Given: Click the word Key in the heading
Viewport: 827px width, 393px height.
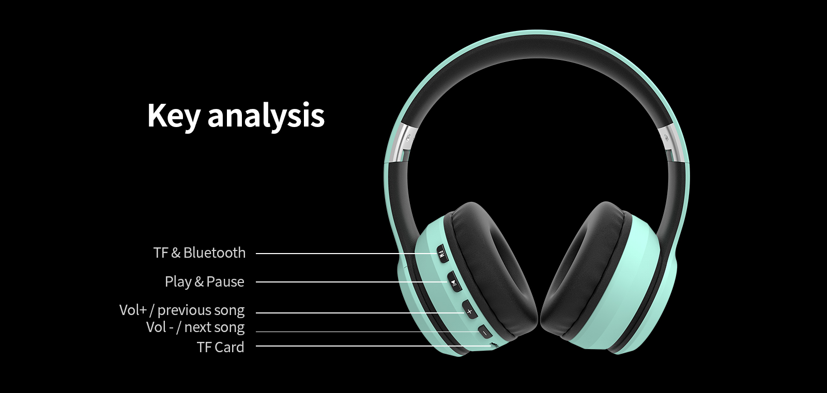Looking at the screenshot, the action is point(174,116).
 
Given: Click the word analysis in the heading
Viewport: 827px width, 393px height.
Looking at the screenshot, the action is point(266,116).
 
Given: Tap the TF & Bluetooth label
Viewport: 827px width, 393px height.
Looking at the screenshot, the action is point(200,253).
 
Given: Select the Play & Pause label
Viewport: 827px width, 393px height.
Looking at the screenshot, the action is point(205,281).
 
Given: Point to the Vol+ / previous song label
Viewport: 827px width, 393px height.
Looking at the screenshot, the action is point(182,310).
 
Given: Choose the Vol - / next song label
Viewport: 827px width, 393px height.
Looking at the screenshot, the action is point(195,327).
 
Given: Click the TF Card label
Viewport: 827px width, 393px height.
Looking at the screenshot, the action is point(220,347).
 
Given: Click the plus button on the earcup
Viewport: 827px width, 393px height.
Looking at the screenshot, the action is point(469,311).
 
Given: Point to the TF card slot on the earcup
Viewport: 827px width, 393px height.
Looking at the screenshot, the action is point(494,345).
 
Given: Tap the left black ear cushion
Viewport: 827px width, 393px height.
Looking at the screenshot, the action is point(491,271).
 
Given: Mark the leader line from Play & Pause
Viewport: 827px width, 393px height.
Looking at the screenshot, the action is point(351,282).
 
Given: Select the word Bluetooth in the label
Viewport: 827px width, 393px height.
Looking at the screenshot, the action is point(215,253).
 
